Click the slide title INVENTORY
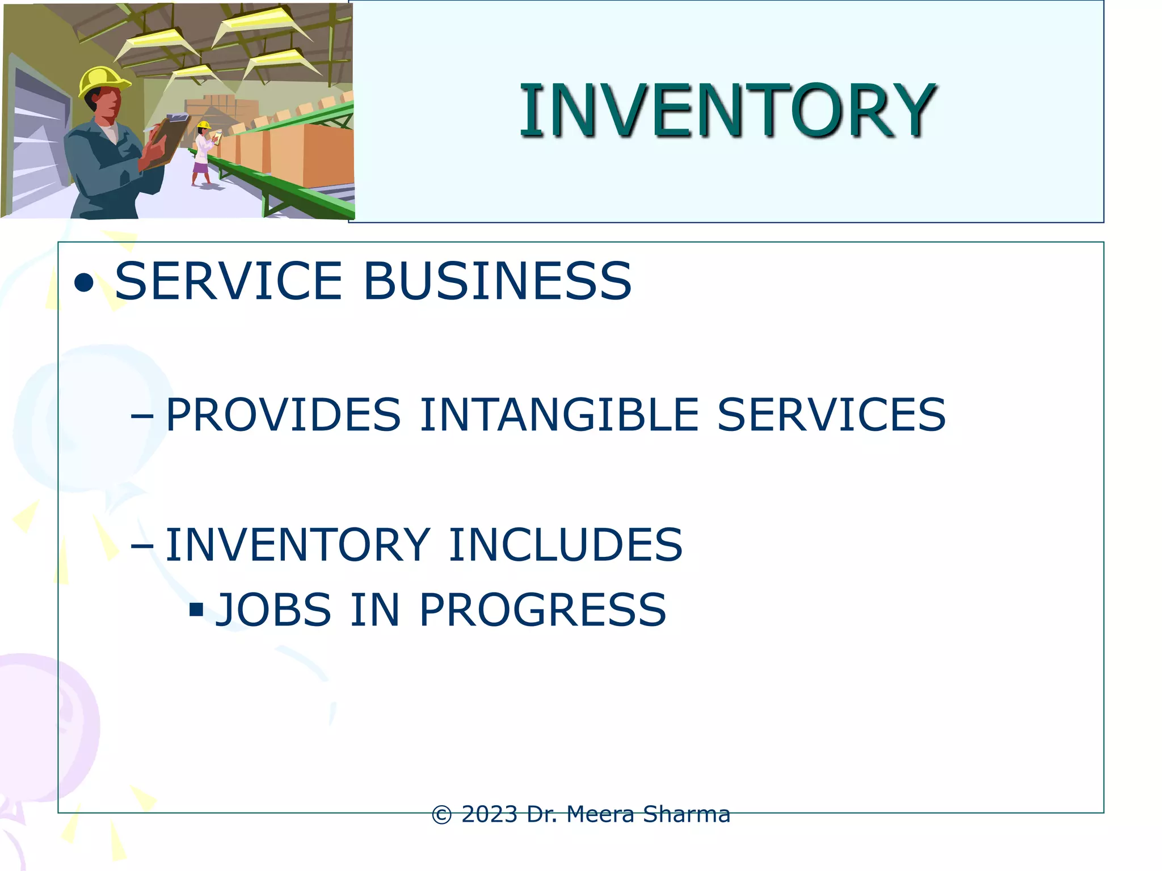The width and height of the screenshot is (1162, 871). coord(727,110)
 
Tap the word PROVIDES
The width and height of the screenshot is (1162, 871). coord(283,415)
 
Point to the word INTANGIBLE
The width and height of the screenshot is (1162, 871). coord(559,415)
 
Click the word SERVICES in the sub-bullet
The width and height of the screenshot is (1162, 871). coord(831,415)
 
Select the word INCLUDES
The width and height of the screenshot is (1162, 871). coord(565,545)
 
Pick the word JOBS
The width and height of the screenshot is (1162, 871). coord(273,610)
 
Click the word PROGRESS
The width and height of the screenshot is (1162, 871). coord(542,610)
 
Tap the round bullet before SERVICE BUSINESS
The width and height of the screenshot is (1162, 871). coord(84,283)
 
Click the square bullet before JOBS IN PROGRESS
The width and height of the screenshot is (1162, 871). coord(196,610)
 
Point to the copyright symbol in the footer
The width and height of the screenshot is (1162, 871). coord(443,815)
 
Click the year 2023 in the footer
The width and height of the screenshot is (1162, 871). coord(490,814)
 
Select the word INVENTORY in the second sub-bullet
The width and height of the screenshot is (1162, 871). coord(297,545)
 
